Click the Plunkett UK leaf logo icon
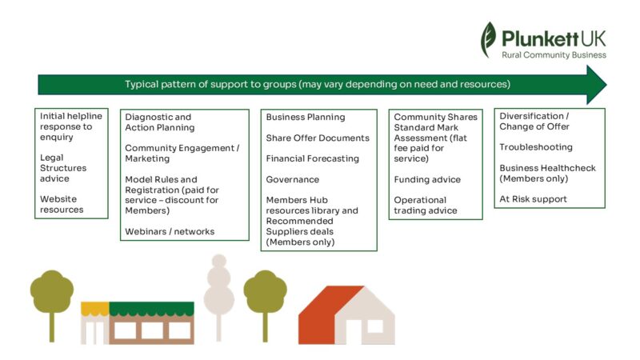pos(488,39)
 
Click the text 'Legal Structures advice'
pos(63,168)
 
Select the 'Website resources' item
pos(62,204)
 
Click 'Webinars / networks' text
pos(170,231)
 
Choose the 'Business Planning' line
pos(306,117)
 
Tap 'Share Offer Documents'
pos(318,138)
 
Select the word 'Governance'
pos(293,179)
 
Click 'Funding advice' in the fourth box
pos(427,179)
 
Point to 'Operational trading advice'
pos(426,205)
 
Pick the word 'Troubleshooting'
pos(536,147)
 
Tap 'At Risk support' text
pos(533,199)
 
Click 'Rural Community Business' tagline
pos(554,54)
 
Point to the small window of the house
pos(374,326)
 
